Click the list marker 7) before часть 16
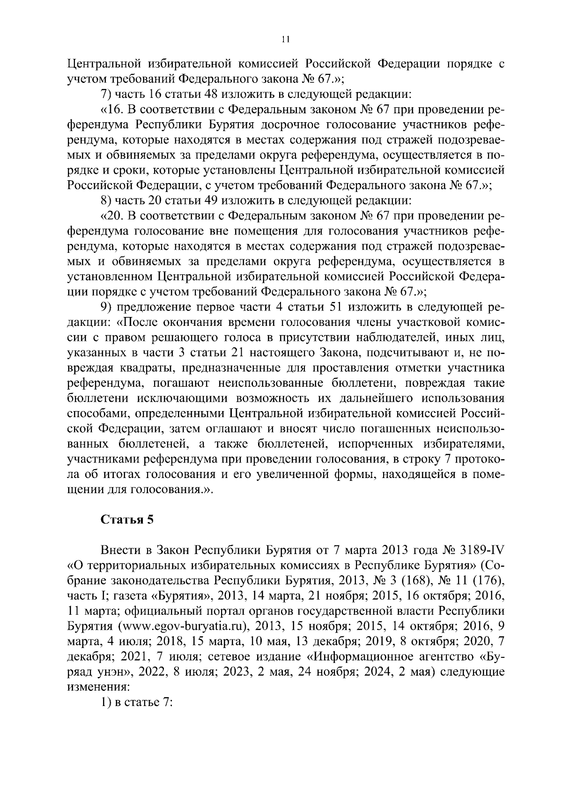coord(107,94)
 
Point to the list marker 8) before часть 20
coord(107,201)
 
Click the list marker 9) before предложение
coord(107,307)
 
